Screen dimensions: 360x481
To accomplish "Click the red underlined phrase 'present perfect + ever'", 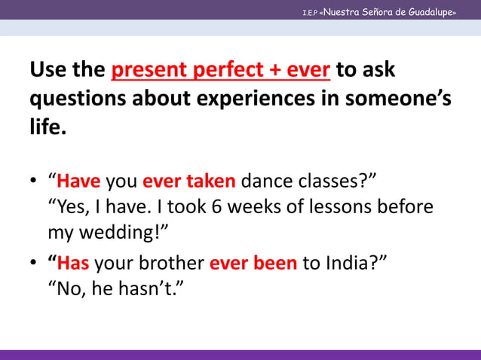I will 220,71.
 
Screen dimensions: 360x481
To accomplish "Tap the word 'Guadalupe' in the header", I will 429,12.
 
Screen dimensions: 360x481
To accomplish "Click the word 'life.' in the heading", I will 48,127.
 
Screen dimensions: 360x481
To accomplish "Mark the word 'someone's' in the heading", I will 410,99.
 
